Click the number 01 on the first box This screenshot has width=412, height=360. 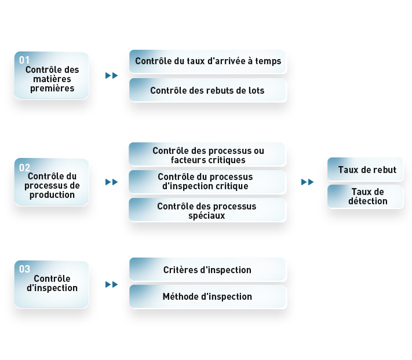24,60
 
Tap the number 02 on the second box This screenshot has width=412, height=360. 24,168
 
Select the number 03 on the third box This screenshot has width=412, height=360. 24,269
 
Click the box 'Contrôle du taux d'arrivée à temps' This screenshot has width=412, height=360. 208,61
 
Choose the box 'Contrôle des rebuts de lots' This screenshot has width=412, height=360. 208,90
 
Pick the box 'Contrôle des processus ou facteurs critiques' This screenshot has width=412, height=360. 207,155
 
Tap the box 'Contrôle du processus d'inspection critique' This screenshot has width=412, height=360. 207,182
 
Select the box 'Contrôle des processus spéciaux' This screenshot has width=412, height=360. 207,210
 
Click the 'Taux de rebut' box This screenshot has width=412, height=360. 365,169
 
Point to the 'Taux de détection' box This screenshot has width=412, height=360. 365,197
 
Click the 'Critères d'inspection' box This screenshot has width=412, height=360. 208,270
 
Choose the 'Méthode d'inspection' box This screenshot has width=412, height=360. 208,296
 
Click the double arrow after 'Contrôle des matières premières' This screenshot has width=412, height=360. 111,76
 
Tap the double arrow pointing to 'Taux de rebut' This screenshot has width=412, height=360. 308,182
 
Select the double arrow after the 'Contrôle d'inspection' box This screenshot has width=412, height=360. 111,284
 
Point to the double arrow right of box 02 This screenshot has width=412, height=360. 111,182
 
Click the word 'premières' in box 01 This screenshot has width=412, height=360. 52,89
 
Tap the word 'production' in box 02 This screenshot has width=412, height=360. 52,195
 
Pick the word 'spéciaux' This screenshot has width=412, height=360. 207,216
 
